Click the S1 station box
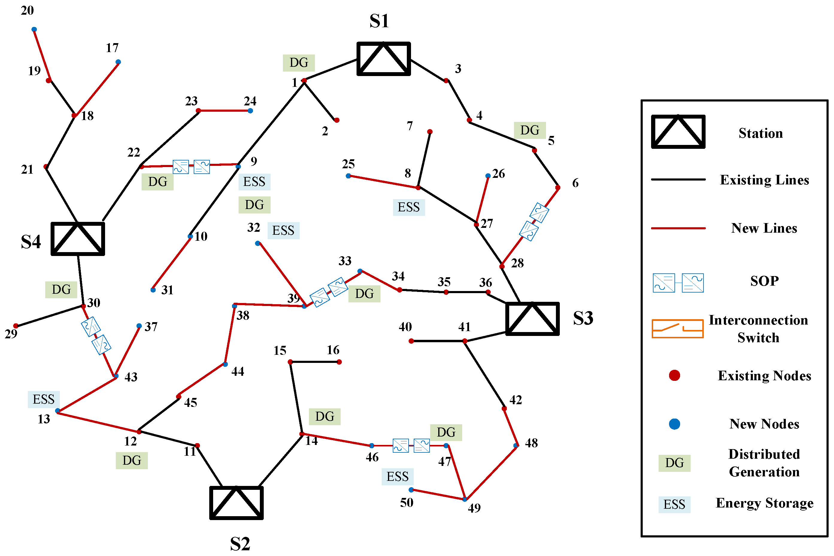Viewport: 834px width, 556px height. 383,59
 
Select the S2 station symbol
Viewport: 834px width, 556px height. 236,502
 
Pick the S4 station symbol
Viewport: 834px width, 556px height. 78,239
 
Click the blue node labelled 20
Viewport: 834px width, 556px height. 34,29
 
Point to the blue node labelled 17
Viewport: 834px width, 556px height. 118,62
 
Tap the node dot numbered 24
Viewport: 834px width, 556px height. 250,111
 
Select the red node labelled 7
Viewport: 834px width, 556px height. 430,131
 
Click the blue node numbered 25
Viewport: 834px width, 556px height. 348,176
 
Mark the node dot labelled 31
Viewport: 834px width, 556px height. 153,290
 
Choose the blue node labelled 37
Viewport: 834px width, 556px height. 139,326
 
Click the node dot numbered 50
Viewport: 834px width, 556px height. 411,490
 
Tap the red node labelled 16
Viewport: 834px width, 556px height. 339,362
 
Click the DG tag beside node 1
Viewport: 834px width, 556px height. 298,63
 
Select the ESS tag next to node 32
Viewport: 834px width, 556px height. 283,231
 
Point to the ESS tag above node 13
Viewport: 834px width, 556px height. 44,399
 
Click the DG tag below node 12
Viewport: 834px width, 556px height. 131,460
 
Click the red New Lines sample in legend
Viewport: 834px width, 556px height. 678,228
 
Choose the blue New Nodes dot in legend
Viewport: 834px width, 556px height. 674,424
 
